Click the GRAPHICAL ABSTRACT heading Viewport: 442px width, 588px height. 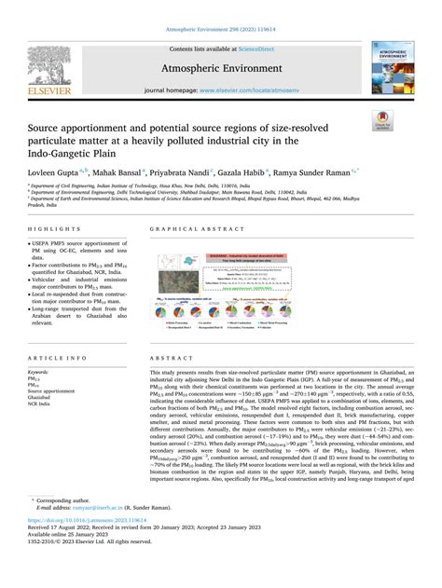pyautogui.click(x=182, y=228)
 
